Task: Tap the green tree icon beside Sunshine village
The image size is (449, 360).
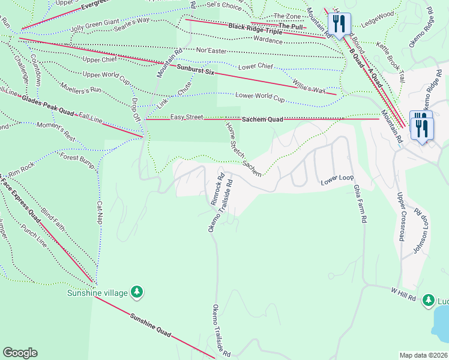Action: (x=138, y=292)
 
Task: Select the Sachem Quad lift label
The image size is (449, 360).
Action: (x=262, y=119)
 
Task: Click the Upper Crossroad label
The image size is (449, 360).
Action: (x=400, y=217)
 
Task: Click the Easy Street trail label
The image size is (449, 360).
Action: (x=187, y=117)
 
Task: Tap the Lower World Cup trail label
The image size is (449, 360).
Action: (x=260, y=95)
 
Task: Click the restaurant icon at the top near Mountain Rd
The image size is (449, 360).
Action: (x=339, y=24)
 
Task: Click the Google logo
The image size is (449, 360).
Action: (x=20, y=353)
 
